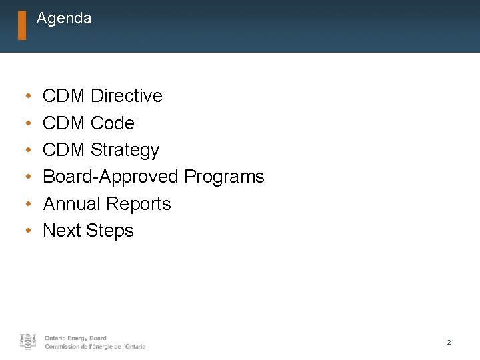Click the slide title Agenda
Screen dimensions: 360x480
click(64, 19)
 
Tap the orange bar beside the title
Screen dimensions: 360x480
click(22, 25)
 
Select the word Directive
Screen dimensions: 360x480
click(126, 96)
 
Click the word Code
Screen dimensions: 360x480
click(112, 123)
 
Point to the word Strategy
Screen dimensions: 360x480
click(125, 150)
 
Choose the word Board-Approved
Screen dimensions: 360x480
click(111, 177)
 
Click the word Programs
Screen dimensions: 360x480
click(224, 177)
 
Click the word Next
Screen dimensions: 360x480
click(61, 231)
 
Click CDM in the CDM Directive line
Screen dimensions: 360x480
click(63, 96)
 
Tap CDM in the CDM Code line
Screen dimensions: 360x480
click(63, 123)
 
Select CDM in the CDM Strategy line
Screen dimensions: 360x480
click(63, 150)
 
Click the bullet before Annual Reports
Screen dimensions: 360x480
click(25, 204)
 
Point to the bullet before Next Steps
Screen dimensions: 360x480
click(25, 231)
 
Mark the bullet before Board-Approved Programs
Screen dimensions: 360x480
click(25, 177)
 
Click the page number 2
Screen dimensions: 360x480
click(449, 342)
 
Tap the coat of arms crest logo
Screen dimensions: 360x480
click(28, 341)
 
